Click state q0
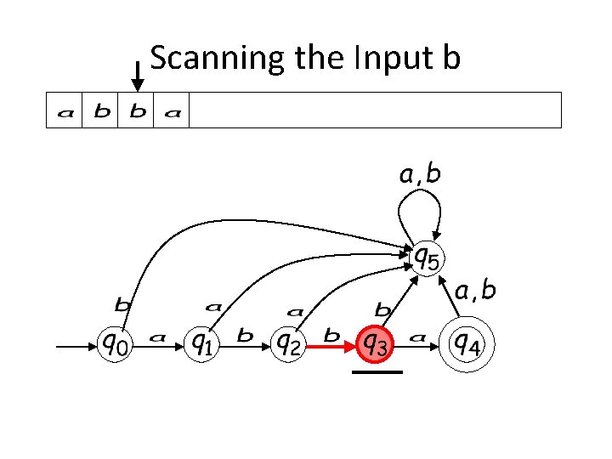point(117,344)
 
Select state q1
point(201,344)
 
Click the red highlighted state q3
point(376,344)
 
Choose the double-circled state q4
point(466,344)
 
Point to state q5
point(427,257)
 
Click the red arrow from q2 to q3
point(331,347)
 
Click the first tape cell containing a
point(64,111)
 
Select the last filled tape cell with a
point(172,111)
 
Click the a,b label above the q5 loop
point(420,175)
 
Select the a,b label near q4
point(475,292)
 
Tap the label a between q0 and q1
point(157,337)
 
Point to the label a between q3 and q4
point(417,337)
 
